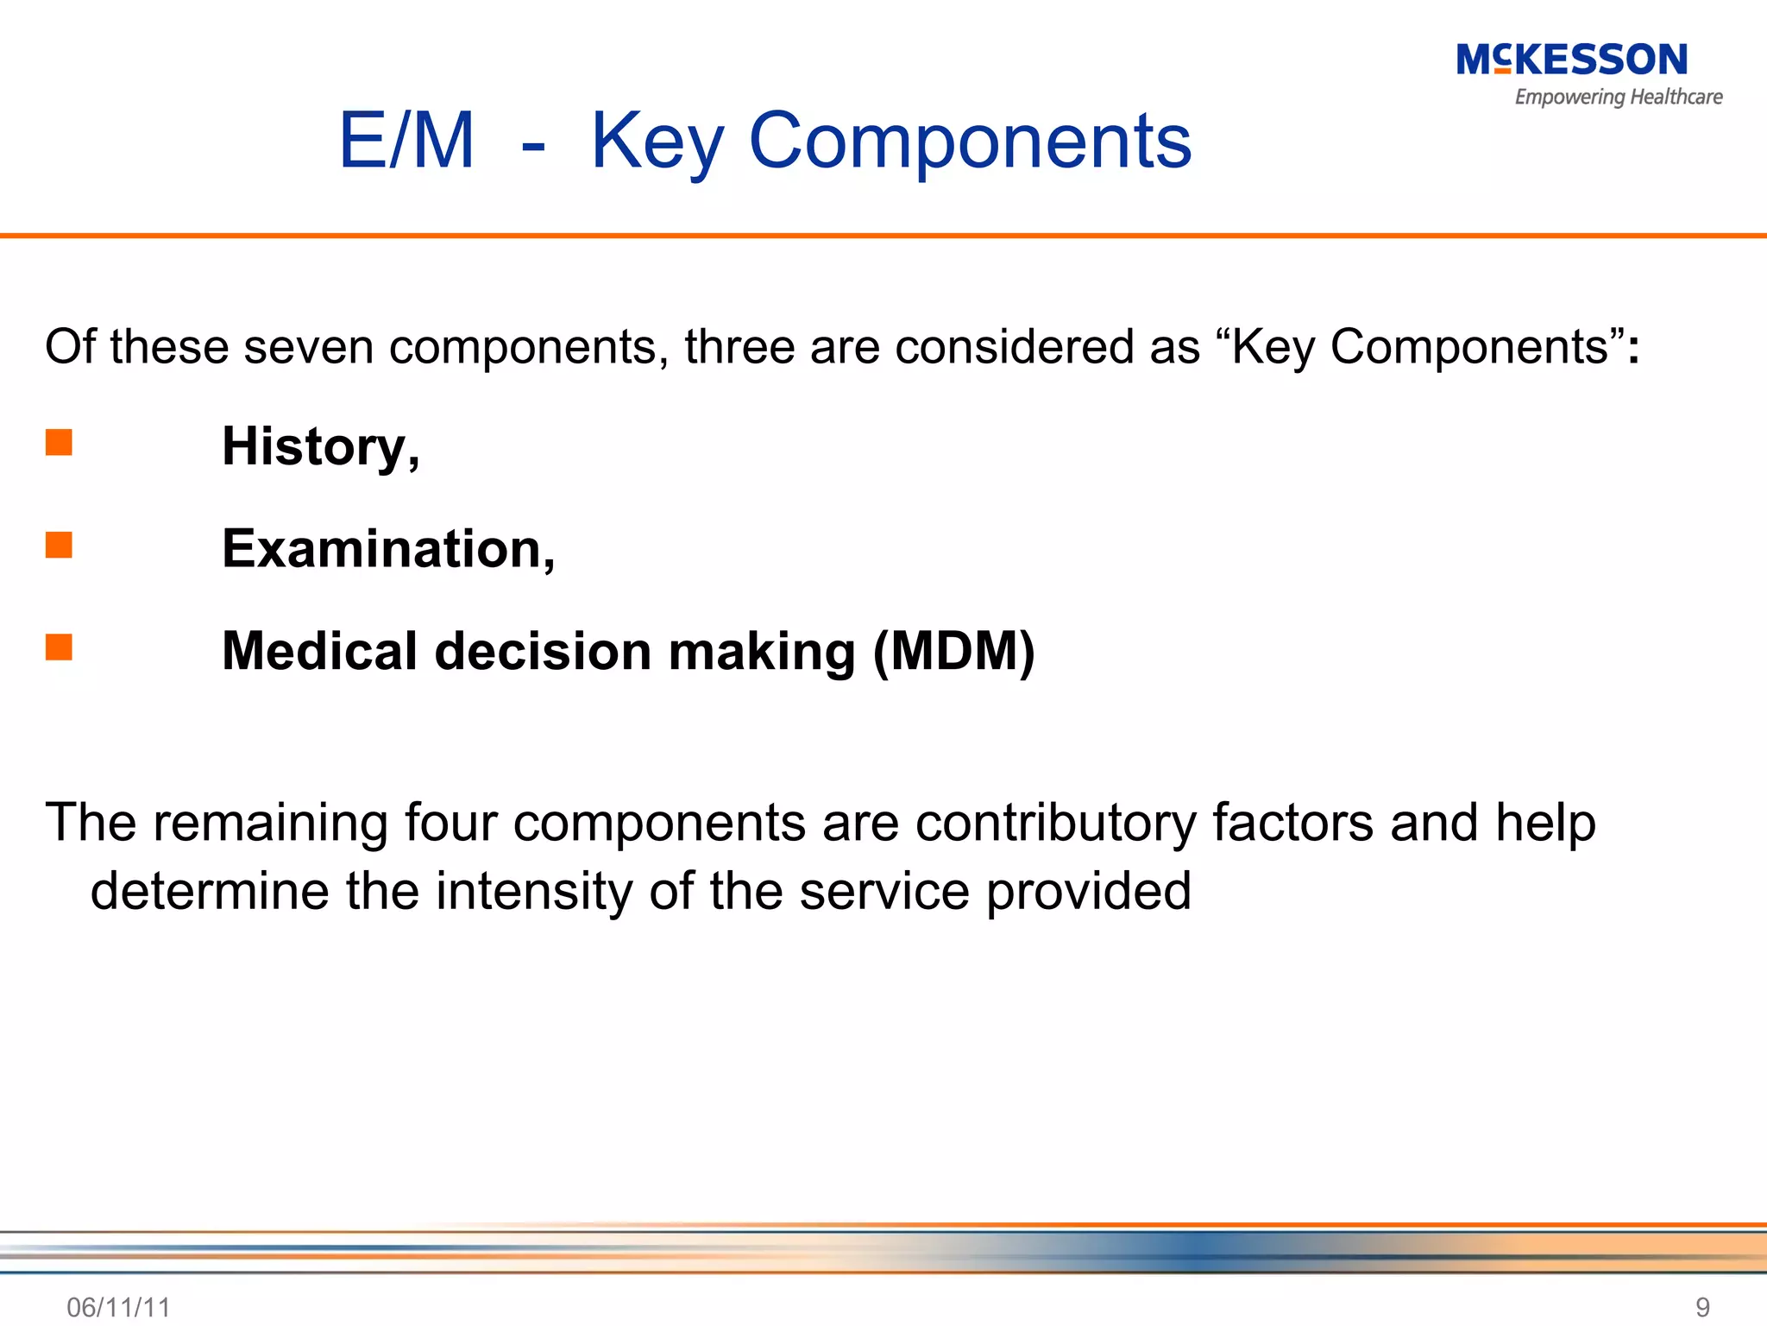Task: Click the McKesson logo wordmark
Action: coord(1571,60)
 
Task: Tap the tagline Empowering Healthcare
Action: coord(1618,97)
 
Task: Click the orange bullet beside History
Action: coord(59,442)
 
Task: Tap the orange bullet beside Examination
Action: coord(59,545)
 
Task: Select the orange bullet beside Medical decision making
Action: coord(59,647)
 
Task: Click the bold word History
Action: coord(315,446)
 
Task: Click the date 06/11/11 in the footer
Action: coord(118,1307)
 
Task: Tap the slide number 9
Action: coord(1702,1307)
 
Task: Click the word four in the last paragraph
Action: coord(450,822)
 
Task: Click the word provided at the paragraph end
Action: coord(1088,891)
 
